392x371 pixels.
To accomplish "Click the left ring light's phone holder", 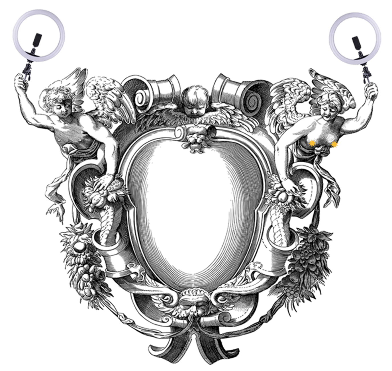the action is pyautogui.click(x=37, y=39).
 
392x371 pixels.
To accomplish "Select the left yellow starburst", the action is pyautogui.click(x=312, y=143).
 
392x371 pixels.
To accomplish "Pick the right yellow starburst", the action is pyautogui.click(x=334, y=145).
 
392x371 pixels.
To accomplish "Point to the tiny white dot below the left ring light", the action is pyautogui.click(x=45, y=87).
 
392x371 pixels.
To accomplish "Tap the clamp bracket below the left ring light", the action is pyautogui.click(x=28, y=68).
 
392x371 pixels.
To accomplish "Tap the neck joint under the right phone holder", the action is pyautogui.click(x=360, y=53).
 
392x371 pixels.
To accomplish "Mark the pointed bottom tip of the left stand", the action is pyautogui.click(x=24, y=82).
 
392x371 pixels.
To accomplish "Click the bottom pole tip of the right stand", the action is pyautogui.click(x=364, y=84).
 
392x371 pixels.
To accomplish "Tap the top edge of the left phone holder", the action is pyautogui.click(x=38, y=34).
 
